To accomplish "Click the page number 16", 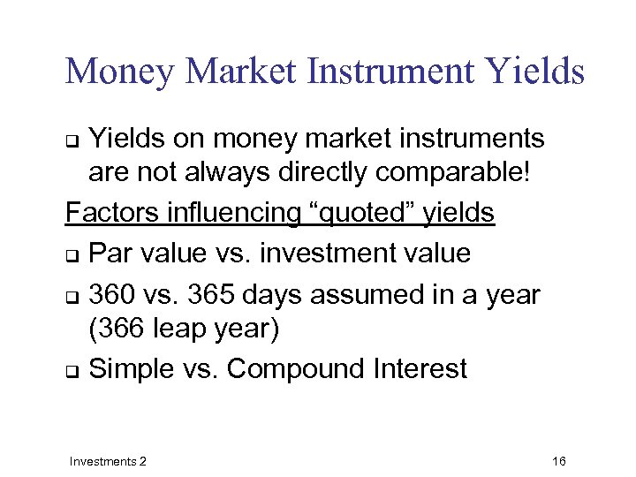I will pyautogui.click(x=558, y=461).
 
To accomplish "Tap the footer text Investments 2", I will pyautogui.click(x=108, y=461).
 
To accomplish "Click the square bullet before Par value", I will pyautogui.click(x=72, y=255).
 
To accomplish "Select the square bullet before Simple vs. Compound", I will pyautogui.click(x=72, y=370).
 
